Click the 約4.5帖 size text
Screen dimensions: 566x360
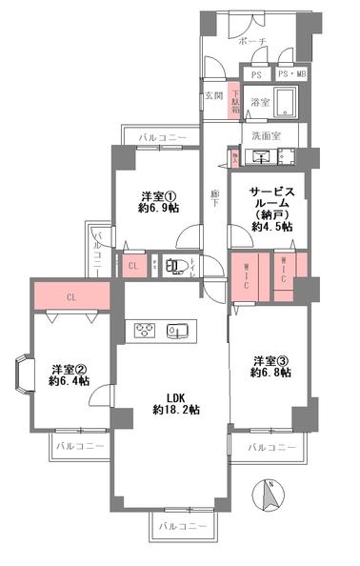(272, 227)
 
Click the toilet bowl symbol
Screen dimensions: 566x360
(172, 267)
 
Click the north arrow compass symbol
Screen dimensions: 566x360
(270, 496)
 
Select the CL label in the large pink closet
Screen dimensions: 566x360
(71, 296)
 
